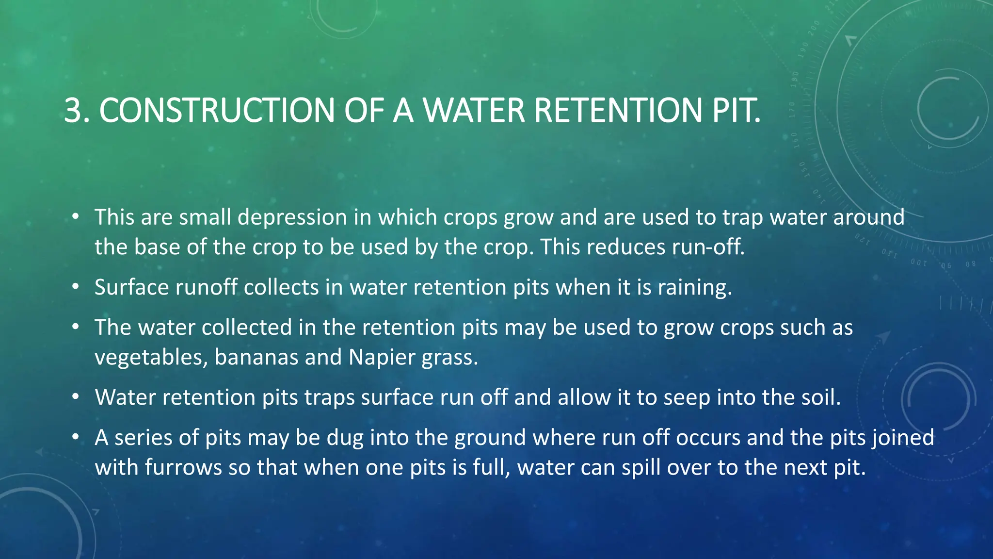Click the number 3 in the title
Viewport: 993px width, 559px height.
pyautogui.click(x=73, y=110)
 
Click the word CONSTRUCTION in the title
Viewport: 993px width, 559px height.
pyautogui.click(x=217, y=110)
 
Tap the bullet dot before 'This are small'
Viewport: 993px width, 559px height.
pyautogui.click(x=75, y=217)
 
